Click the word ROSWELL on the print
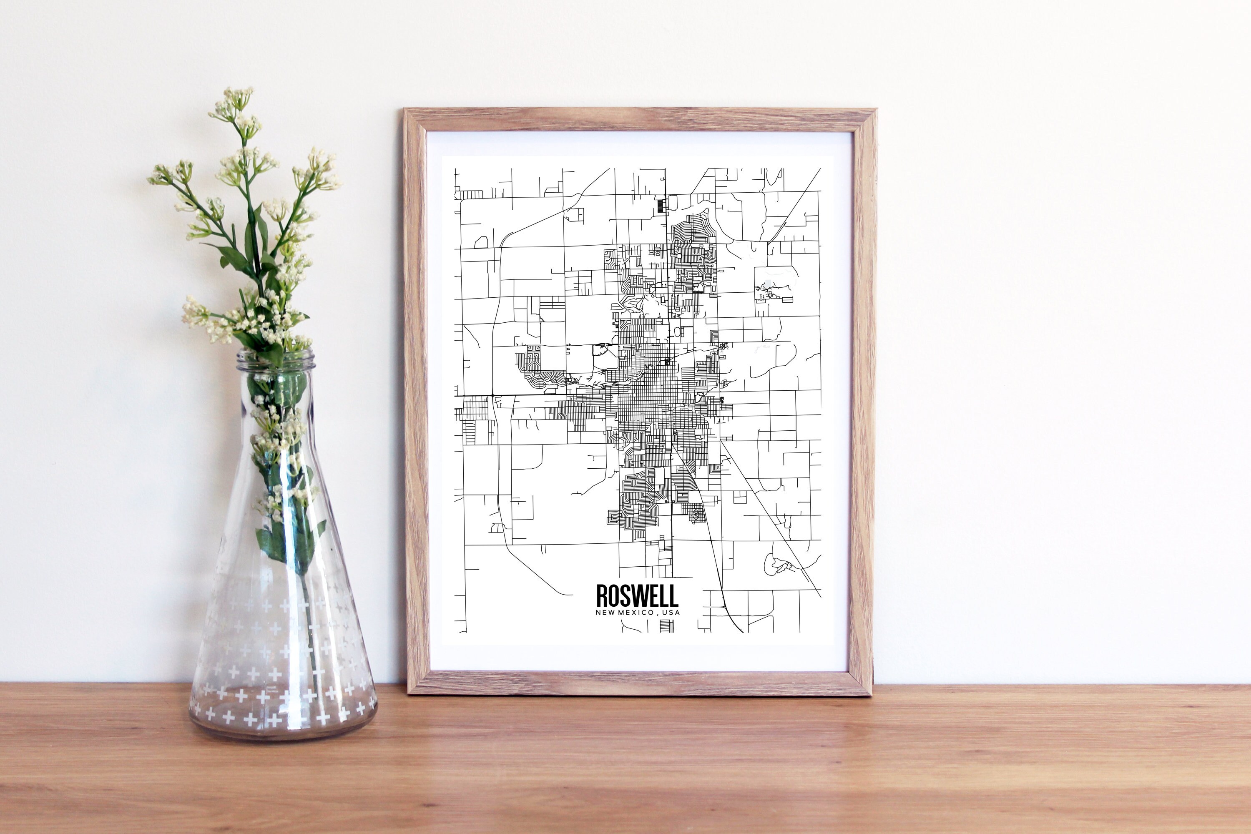coord(637,596)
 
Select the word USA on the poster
coord(672,613)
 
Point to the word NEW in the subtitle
coord(605,613)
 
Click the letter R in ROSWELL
coord(602,596)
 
